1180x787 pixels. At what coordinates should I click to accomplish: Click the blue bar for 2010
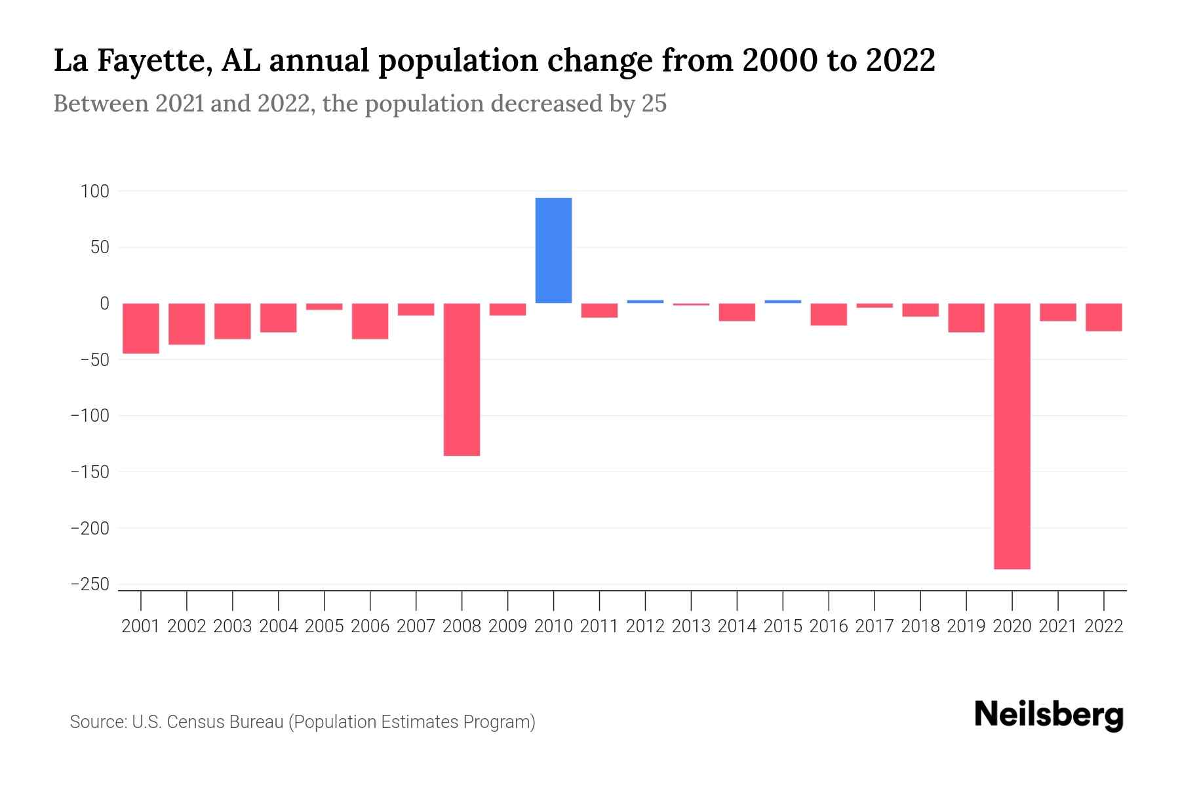click(x=553, y=251)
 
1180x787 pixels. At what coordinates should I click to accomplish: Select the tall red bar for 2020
click(x=1012, y=435)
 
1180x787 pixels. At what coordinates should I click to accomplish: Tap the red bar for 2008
click(x=462, y=379)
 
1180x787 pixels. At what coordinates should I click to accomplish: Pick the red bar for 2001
click(x=141, y=328)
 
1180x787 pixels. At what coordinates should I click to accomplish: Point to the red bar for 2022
click(x=1103, y=317)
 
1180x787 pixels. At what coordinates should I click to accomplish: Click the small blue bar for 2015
click(x=783, y=302)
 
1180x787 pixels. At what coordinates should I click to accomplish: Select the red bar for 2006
click(x=370, y=321)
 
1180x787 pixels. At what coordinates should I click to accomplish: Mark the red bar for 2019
click(x=966, y=318)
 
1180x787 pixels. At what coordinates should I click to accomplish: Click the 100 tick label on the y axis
click(x=94, y=192)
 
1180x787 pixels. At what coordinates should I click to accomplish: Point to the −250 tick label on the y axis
click(x=90, y=584)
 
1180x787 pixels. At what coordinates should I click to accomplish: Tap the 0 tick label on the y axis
click(x=104, y=304)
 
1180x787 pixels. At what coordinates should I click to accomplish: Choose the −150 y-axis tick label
click(x=90, y=472)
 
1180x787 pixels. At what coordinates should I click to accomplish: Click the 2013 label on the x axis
click(x=691, y=626)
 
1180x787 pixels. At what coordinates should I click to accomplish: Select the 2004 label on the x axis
click(x=279, y=626)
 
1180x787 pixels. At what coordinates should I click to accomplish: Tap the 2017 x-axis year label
click(x=874, y=626)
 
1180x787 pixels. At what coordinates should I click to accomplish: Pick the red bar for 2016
click(x=829, y=314)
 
